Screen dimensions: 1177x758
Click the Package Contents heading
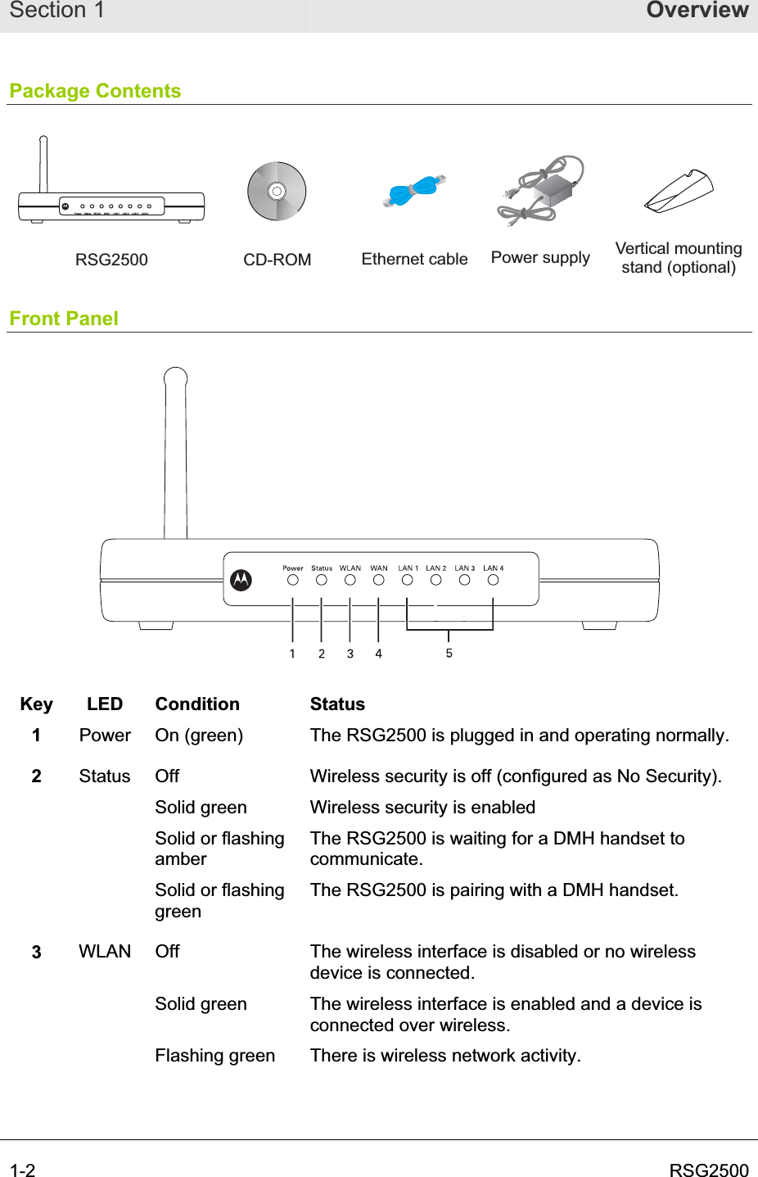point(95,91)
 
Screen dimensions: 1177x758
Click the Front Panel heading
point(64,319)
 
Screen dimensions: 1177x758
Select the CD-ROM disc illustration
point(277,191)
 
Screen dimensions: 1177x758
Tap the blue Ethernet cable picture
point(414,192)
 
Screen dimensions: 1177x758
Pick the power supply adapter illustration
point(541,192)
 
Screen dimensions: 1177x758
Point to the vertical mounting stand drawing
point(679,192)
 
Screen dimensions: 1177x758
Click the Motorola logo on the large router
point(241,580)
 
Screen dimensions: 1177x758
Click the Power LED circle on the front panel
point(293,580)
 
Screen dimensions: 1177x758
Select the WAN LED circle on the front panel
point(378,580)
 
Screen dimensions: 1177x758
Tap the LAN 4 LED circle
point(493,580)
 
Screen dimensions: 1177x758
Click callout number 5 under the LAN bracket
point(449,653)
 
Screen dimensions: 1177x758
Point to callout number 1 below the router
point(292,654)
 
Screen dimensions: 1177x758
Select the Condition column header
point(197,704)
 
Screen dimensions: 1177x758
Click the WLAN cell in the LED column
point(105,952)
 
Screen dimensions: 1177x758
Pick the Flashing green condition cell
point(214,1056)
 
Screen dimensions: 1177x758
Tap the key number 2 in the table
point(36,776)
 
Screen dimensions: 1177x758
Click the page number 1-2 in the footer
point(23,1170)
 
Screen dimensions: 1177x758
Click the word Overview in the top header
point(697,11)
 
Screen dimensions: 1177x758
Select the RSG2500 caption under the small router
point(111,260)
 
